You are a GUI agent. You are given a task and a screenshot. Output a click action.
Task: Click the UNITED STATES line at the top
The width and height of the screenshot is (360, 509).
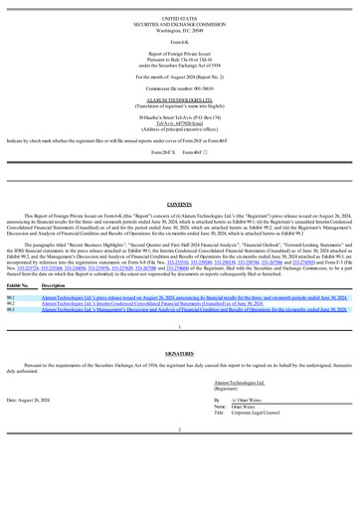tap(179, 18)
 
